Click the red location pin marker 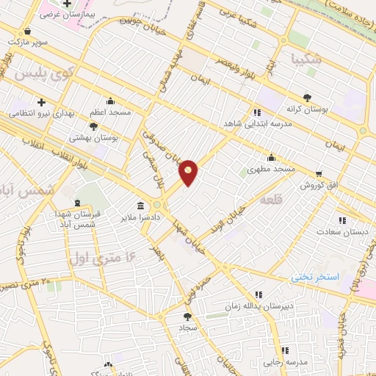[x=189, y=173]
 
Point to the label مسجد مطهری [x=271, y=168]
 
